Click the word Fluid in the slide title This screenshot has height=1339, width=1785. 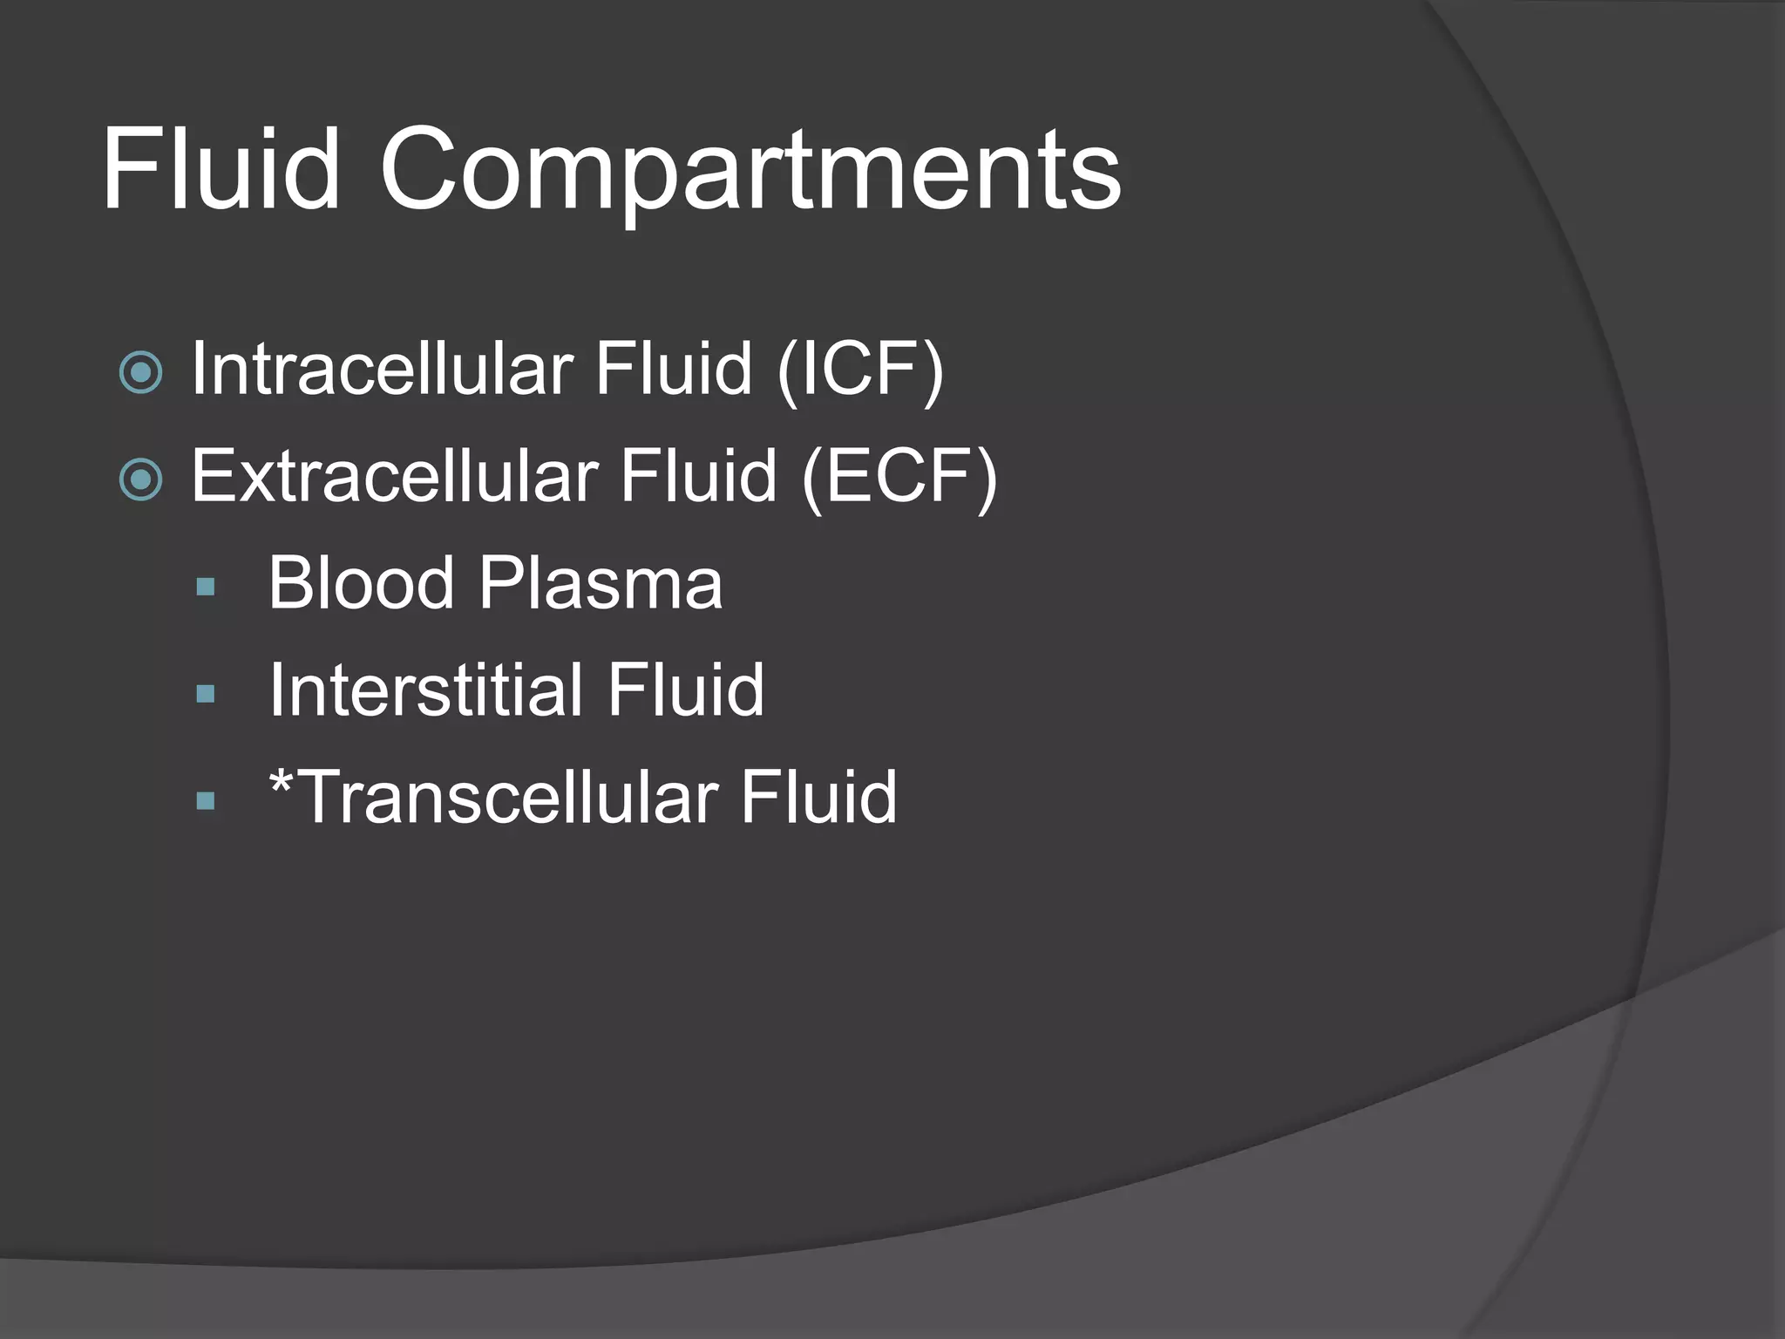click(221, 169)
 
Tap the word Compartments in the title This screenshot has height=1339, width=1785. click(750, 171)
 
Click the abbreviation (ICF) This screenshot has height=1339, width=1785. click(860, 370)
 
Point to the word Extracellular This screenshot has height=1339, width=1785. click(394, 476)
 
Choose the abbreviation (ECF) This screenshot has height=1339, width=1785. click(899, 477)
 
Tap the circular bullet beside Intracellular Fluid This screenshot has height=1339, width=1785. click(140, 373)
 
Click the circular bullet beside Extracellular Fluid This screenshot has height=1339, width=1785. click(140, 479)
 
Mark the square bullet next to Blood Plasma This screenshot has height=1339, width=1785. click(206, 587)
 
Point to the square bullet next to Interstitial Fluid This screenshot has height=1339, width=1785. click(206, 694)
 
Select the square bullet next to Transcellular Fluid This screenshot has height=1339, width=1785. click(206, 801)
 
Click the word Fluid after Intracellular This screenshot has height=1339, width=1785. click(674, 369)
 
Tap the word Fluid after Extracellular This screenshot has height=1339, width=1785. click(698, 476)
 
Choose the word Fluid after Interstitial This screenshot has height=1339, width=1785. click(686, 690)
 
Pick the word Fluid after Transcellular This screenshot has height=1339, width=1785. click(818, 797)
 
